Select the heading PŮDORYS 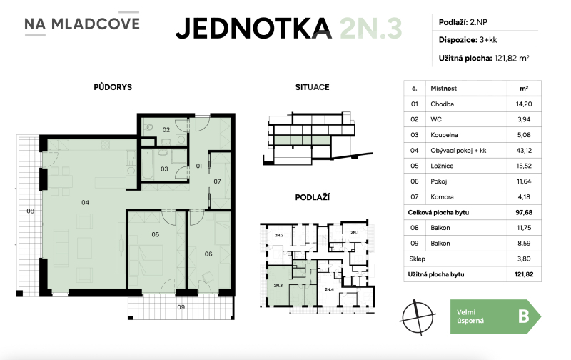[112, 87]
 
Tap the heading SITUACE [312, 87]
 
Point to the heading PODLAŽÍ [311, 196]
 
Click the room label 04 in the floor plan [85, 202]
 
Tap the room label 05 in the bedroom [154, 234]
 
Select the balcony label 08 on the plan [31, 211]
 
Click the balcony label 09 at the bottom [181, 309]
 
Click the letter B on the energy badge [523, 316]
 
